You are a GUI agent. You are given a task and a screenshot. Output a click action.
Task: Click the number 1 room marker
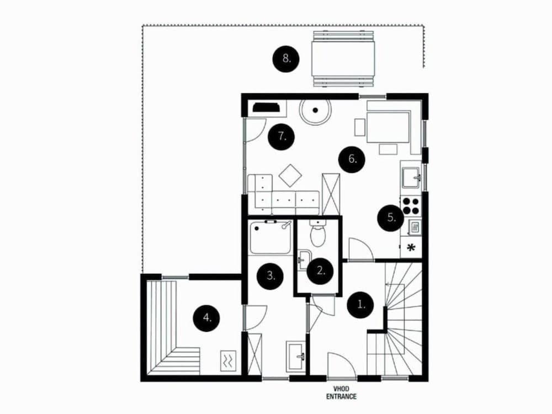click(362, 304)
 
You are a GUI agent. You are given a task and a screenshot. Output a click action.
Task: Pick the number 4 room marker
click(206, 317)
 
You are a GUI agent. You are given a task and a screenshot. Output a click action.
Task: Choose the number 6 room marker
click(352, 160)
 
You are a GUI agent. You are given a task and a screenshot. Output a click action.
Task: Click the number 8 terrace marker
click(286, 58)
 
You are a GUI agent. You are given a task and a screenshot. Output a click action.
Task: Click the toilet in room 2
click(318, 234)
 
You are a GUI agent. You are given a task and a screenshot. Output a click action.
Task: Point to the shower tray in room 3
click(270, 238)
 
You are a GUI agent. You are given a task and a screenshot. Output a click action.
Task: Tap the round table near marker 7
click(315, 113)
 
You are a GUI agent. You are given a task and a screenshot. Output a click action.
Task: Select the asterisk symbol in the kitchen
click(411, 247)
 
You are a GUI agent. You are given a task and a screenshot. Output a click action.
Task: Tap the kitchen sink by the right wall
click(411, 176)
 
